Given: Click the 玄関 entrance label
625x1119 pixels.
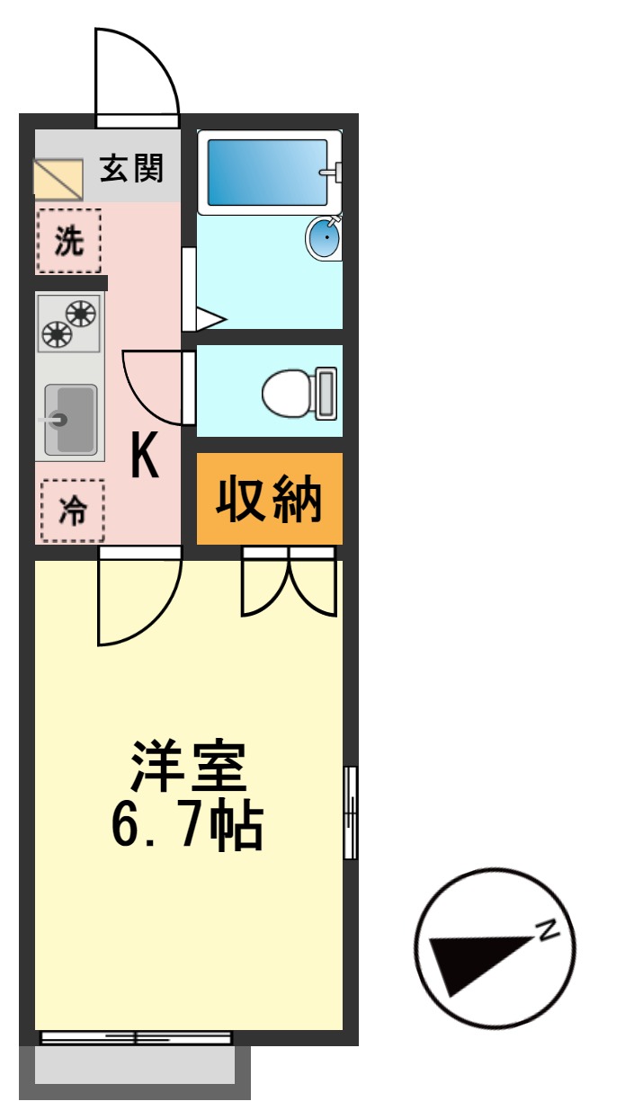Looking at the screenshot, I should (x=131, y=168).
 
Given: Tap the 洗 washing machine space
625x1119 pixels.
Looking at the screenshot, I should (x=68, y=241).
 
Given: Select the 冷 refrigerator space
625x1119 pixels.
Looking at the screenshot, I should (x=72, y=511).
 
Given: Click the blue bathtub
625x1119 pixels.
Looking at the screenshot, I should (x=268, y=172).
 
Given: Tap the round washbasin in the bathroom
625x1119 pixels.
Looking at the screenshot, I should (x=324, y=238).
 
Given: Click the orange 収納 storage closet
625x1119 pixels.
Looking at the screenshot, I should (x=269, y=500).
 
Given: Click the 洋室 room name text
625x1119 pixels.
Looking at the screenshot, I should (x=187, y=767).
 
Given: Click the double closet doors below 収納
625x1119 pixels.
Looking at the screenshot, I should (x=289, y=584).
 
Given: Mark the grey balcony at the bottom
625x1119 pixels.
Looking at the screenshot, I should (x=135, y=1066).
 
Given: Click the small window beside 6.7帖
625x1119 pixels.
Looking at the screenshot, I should (x=350, y=812).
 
